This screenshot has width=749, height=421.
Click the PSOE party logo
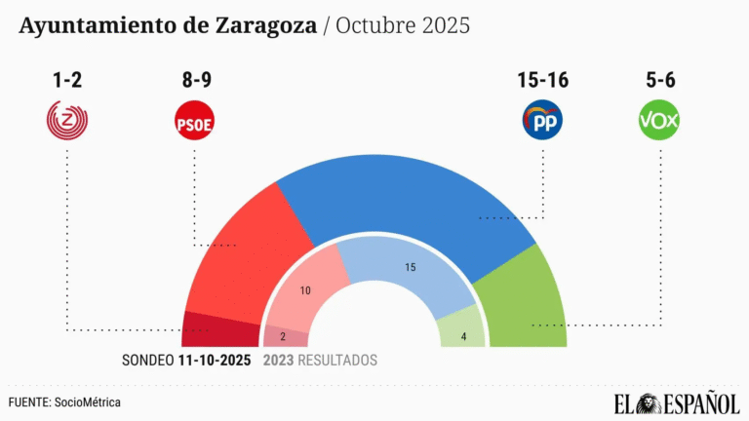click(193, 122)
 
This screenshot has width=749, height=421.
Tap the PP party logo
click(542, 122)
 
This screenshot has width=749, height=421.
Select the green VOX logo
click(658, 122)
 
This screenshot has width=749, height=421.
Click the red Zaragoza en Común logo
click(67, 122)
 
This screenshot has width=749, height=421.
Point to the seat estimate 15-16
click(542, 81)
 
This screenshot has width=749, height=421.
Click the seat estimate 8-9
click(193, 81)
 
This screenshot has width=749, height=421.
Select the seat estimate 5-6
click(658, 81)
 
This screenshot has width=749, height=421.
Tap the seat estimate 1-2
click(67, 81)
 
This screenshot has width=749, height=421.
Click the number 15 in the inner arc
click(410, 266)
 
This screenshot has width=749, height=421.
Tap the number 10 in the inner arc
click(305, 290)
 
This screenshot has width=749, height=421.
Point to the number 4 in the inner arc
click(463, 337)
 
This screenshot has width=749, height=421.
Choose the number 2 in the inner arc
click(283, 337)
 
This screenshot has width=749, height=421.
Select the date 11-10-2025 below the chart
click(215, 361)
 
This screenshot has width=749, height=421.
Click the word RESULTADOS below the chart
click(337, 361)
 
